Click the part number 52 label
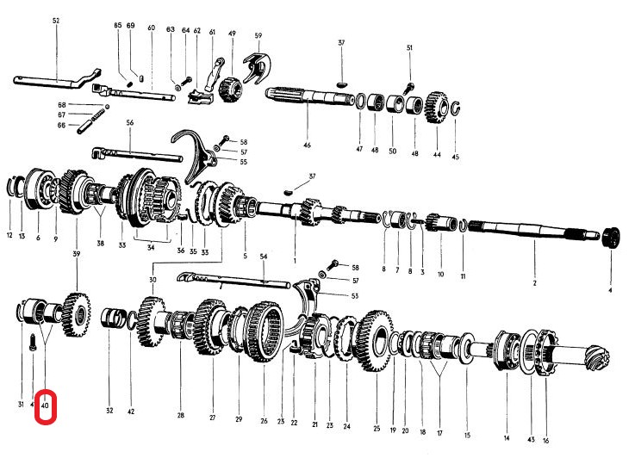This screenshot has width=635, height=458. point(56,19)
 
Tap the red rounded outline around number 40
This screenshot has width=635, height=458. point(46,407)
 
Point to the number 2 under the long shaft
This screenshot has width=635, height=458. point(534,283)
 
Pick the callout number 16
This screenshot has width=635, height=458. point(545,440)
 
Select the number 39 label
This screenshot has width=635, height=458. point(77,255)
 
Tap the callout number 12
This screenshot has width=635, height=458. point(10,236)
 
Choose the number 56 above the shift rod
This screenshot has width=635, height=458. point(130,122)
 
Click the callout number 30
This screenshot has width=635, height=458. point(153,281)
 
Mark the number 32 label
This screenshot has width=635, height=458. point(109,411)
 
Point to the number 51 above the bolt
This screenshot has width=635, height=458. point(410,47)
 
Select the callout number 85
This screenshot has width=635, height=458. point(118,26)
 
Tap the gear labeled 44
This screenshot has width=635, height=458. point(434,110)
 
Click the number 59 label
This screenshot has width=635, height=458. point(258,35)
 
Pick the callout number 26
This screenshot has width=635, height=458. point(265,421)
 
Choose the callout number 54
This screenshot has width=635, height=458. point(264,257)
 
